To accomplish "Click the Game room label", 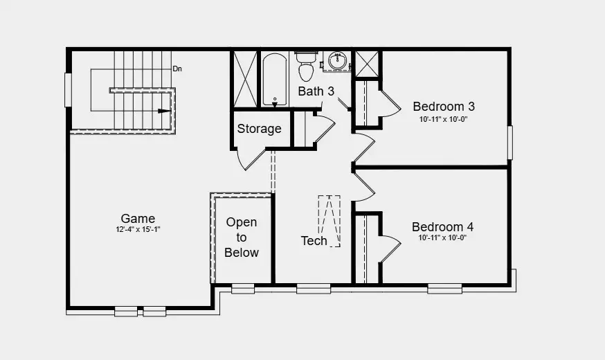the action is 138,218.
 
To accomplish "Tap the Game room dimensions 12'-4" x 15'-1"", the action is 138,229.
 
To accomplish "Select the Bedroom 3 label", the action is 444,106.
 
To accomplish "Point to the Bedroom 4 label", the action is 442,226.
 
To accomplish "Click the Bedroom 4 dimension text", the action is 442,237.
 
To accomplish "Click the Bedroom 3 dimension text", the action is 443,119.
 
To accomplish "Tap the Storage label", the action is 260,129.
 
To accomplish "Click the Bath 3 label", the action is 316,91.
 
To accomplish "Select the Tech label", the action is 314,241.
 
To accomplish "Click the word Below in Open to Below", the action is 242,253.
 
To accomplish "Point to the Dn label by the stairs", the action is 177,69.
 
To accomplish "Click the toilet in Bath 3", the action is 307,66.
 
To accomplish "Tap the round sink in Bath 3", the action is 338,61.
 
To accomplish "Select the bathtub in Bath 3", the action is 275,79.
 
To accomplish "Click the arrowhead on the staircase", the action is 164,111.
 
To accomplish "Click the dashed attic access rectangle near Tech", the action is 329,221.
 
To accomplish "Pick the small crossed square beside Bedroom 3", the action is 367,64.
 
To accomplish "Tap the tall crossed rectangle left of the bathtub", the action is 246,79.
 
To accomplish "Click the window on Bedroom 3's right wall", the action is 510,143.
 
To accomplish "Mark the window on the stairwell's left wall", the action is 68,90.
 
